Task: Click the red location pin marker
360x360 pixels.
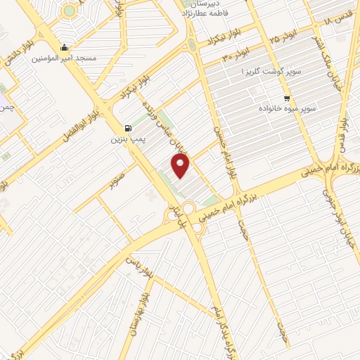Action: (x=181, y=166)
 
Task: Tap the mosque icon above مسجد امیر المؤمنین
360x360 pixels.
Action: (x=65, y=48)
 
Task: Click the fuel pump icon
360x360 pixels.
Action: (x=127, y=128)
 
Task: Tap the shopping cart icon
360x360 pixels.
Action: (x=286, y=98)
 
